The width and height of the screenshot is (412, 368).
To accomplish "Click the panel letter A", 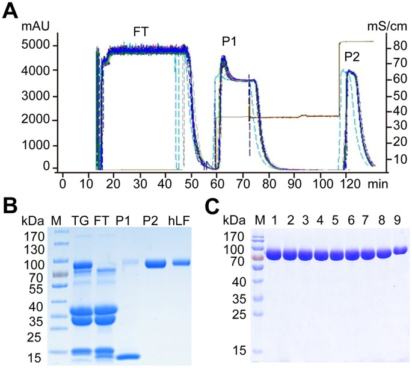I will (x=11, y=10).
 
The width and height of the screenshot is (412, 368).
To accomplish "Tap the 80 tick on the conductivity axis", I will (x=395, y=46).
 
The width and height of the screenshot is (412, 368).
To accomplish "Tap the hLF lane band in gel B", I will (x=182, y=263).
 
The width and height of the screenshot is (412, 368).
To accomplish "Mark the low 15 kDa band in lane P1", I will (x=127, y=357).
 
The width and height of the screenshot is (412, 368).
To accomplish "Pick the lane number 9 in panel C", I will (x=398, y=219).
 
